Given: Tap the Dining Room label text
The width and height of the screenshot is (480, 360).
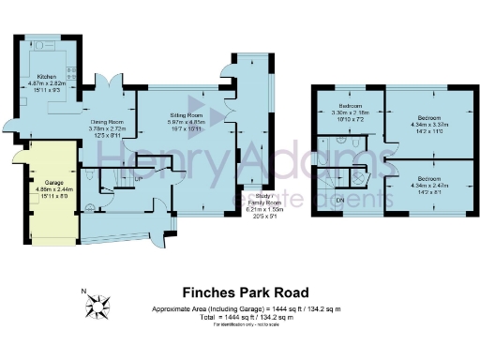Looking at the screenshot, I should (x=108, y=121).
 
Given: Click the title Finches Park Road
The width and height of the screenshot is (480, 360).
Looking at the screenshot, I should (x=239, y=292).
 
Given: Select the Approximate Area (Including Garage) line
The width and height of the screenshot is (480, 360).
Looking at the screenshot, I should (x=246, y=308).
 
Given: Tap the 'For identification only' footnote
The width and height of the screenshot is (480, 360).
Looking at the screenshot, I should (x=239, y=323).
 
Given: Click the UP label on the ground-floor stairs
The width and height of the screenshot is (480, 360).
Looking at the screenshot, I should (x=139, y=177).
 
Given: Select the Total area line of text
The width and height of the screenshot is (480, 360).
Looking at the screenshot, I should (x=246, y=317).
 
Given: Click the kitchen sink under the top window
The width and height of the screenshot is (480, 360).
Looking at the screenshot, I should (x=43, y=43).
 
